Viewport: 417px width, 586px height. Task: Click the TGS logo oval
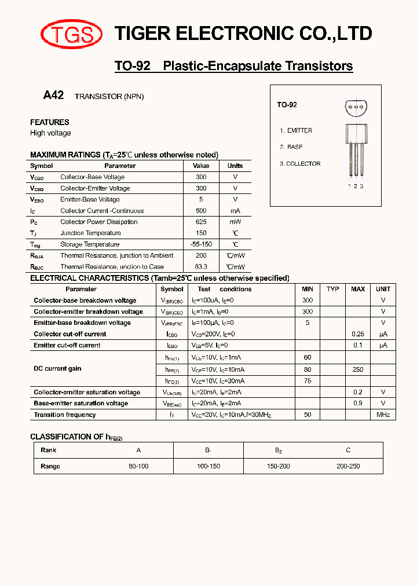pyautogui.click(x=71, y=35)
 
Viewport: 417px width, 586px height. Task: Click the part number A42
pyautogui.click(x=53, y=96)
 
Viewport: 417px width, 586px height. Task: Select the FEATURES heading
pyautogui.click(x=50, y=122)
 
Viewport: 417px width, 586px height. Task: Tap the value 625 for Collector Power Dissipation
pyautogui.click(x=201, y=222)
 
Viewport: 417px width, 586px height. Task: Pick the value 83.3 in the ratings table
pyautogui.click(x=201, y=267)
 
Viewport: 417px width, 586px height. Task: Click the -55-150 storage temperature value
pyautogui.click(x=201, y=244)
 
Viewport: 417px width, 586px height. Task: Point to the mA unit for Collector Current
pyautogui.click(x=235, y=211)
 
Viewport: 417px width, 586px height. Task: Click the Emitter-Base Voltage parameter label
pyautogui.click(x=90, y=199)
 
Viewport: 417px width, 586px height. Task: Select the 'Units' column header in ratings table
pyautogui.click(x=235, y=166)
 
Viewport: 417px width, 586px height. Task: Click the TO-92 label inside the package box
pyautogui.click(x=287, y=105)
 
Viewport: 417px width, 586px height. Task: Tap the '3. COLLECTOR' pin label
pyautogui.click(x=300, y=164)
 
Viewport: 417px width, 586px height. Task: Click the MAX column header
pyautogui.click(x=358, y=289)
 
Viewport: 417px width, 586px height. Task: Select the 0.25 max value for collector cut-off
pyautogui.click(x=358, y=334)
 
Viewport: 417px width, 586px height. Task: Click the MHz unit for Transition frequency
pyautogui.click(x=383, y=415)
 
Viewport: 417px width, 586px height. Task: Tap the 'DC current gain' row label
pyautogui.click(x=57, y=368)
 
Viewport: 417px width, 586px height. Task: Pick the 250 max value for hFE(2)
pyautogui.click(x=358, y=369)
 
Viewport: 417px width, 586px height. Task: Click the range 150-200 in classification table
pyautogui.click(x=278, y=466)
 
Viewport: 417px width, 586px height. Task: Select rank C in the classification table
pyautogui.click(x=348, y=450)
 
